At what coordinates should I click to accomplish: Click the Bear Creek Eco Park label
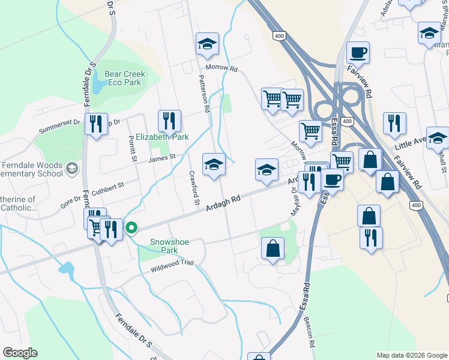click(x=125, y=78)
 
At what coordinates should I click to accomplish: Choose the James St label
click(x=161, y=158)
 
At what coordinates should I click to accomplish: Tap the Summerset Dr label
click(x=59, y=126)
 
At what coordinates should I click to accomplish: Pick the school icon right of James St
click(x=214, y=164)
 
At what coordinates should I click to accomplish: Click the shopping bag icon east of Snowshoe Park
click(x=273, y=248)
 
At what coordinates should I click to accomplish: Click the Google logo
click(x=20, y=353)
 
